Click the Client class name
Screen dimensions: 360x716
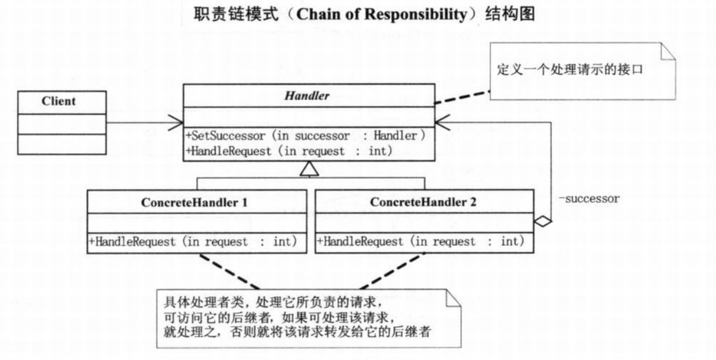tap(58, 101)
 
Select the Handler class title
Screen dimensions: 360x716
tap(308, 96)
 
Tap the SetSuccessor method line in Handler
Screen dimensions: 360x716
tap(306, 136)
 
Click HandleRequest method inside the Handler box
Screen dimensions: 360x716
tap(289, 151)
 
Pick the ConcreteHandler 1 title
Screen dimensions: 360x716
tap(194, 202)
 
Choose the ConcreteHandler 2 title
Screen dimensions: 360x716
tap(423, 202)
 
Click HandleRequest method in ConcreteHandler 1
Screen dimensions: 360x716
tap(193, 242)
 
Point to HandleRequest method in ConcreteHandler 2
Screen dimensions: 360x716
tap(420, 242)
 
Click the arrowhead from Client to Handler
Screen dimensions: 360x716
tap(177, 124)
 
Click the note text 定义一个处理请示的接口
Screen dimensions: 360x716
tap(569, 70)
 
